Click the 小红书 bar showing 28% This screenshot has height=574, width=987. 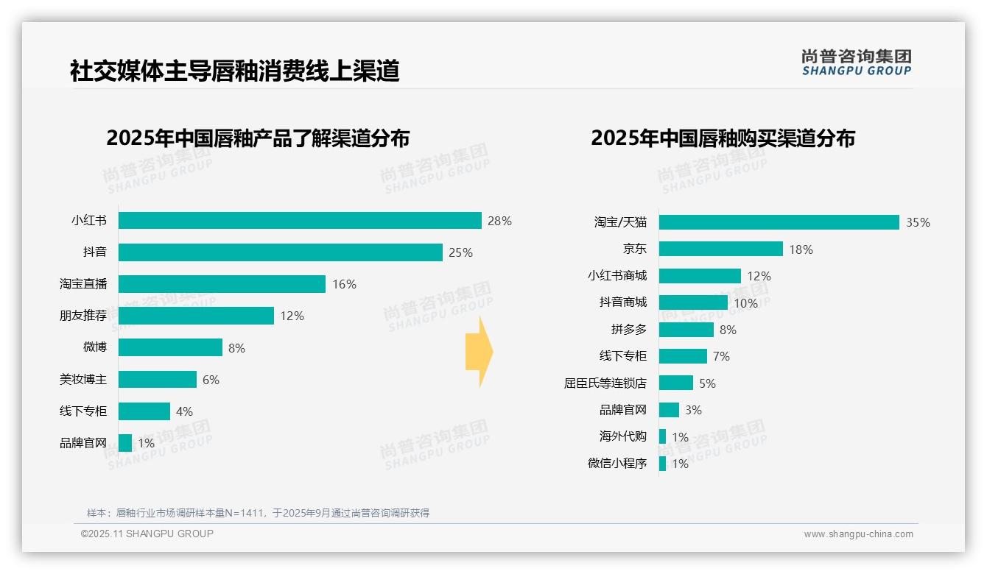[300, 221]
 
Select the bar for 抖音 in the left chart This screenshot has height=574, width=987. [280, 252]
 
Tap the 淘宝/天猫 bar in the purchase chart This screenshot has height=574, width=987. [779, 222]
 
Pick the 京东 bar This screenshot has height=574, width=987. [720, 249]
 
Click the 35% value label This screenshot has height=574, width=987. [918, 223]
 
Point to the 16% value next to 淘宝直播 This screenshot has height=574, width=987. [344, 284]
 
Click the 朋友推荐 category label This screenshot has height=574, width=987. [83, 316]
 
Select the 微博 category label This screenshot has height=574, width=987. [95, 347]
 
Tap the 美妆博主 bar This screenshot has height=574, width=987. [158, 379]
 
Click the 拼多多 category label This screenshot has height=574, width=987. [628, 329]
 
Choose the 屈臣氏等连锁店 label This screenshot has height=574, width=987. [605, 383]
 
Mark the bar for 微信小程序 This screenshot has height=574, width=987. [662, 464]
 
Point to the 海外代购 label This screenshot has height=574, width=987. [622, 436]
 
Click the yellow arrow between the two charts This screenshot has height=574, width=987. [479, 352]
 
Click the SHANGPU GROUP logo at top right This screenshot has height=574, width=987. [856, 63]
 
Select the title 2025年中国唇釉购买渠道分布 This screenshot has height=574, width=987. [723, 138]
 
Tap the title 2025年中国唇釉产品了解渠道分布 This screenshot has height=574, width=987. [258, 138]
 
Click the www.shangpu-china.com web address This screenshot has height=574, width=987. [858, 534]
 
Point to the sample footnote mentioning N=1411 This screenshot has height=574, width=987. [258, 513]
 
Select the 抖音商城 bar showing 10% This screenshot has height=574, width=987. [693, 302]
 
